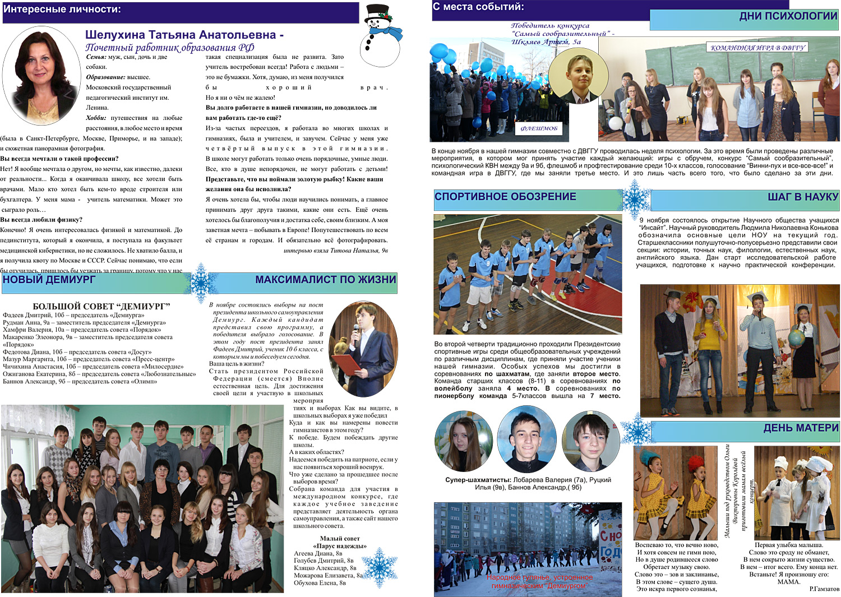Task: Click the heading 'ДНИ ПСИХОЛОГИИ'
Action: tap(788, 16)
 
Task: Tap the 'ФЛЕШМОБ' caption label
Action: tap(539, 128)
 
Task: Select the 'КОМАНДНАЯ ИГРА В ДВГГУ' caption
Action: tap(757, 48)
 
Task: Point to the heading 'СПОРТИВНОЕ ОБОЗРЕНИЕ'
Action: tap(505, 197)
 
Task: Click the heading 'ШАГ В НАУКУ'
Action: tap(803, 197)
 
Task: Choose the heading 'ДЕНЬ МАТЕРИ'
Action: tap(801, 428)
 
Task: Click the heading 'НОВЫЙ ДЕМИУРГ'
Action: tap(49, 280)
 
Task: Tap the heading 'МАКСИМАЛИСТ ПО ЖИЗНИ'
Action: tap(325, 280)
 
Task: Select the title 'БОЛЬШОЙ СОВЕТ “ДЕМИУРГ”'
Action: tap(101, 306)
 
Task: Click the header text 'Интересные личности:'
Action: tap(62, 10)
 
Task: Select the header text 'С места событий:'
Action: tap(478, 7)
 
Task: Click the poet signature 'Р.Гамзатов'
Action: tap(824, 589)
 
